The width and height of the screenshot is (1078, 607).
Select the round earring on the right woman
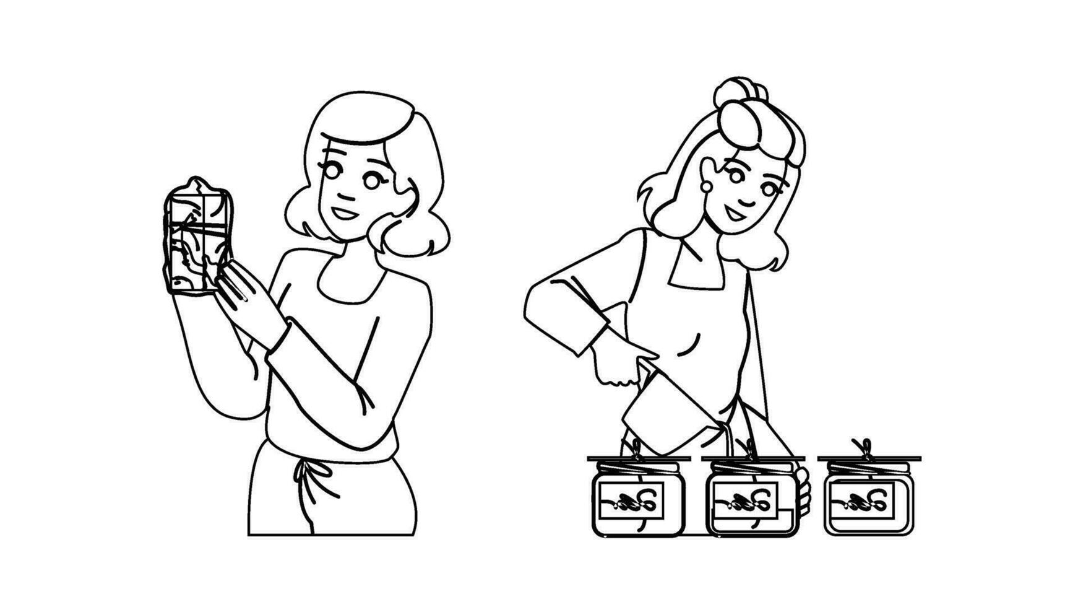[706, 185]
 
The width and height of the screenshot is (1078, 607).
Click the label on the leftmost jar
[630, 499]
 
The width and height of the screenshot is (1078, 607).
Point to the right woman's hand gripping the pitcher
[616, 365]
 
